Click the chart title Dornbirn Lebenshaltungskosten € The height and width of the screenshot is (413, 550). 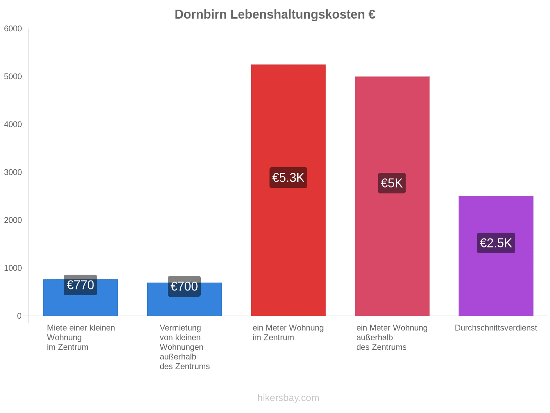(275, 14)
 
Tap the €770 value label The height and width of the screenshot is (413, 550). (80, 285)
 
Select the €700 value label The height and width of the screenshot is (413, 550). (184, 286)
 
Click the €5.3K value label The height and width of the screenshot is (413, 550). (288, 178)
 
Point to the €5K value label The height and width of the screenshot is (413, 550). (392, 183)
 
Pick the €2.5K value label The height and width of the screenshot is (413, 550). (496, 243)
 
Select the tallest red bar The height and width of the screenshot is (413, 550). (288, 120)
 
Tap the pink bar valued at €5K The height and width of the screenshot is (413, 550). (392, 131)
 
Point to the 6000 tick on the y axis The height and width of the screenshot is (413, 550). (13, 29)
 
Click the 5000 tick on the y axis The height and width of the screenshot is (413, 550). (13, 77)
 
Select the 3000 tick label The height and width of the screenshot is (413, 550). (13, 172)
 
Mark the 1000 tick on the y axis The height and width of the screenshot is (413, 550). (13, 268)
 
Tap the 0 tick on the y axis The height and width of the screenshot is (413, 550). (19, 316)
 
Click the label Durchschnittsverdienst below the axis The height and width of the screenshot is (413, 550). (496, 328)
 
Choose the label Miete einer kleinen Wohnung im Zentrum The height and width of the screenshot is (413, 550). (81, 337)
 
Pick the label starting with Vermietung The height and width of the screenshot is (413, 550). (185, 347)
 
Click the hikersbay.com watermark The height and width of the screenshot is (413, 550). (288, 398)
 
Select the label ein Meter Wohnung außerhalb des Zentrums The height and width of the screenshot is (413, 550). (392, 337)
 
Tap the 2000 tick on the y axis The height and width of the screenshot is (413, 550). (13, 220)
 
